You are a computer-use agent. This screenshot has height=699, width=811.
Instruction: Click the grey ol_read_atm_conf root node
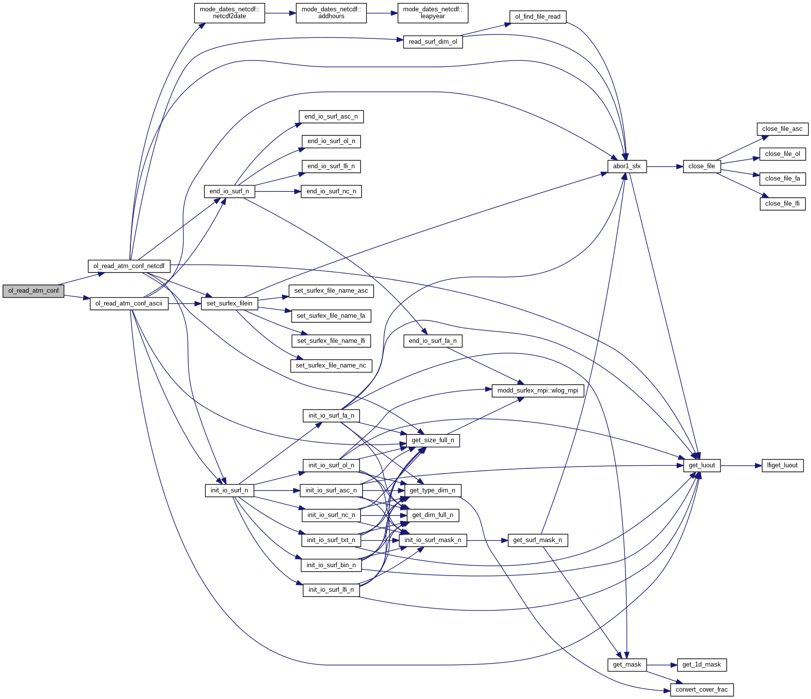click(33, 291)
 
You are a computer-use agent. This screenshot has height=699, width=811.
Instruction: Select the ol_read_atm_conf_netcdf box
click(129, 266)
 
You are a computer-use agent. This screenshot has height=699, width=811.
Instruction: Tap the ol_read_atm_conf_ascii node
click(129, 304)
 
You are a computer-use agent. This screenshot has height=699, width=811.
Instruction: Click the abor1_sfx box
click(626, 166)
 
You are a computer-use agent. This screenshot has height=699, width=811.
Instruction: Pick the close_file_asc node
click(782, 129)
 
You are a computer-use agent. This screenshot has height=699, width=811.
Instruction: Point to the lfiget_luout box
click(782, 465)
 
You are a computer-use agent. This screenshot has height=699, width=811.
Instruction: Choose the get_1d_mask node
click(701, 665)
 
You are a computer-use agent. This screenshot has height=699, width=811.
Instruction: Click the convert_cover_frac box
click(701, 690)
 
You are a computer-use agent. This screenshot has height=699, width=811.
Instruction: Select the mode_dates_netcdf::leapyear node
click(433, 13)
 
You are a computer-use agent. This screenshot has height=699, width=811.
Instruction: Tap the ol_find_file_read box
click(537, 17)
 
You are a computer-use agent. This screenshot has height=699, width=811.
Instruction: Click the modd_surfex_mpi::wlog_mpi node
click(537, 391)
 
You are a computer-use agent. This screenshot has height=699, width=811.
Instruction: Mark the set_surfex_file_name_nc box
click(331, 365)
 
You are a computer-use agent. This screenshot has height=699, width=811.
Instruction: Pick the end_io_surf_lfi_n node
click(331, 166)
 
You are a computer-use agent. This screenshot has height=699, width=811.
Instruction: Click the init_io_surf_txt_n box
click(331, 540)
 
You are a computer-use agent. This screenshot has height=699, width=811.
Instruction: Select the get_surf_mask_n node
click(537, 540)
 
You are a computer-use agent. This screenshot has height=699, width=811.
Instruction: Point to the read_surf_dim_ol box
click(433, 42)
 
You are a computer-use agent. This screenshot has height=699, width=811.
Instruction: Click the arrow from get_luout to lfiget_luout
click(741, 465)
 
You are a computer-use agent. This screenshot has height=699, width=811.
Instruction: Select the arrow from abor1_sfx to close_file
click(665, 167)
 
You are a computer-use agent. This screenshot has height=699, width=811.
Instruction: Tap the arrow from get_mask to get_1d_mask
click(662, 665)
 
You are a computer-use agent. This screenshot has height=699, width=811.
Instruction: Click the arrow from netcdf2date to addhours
click(281, 13)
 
